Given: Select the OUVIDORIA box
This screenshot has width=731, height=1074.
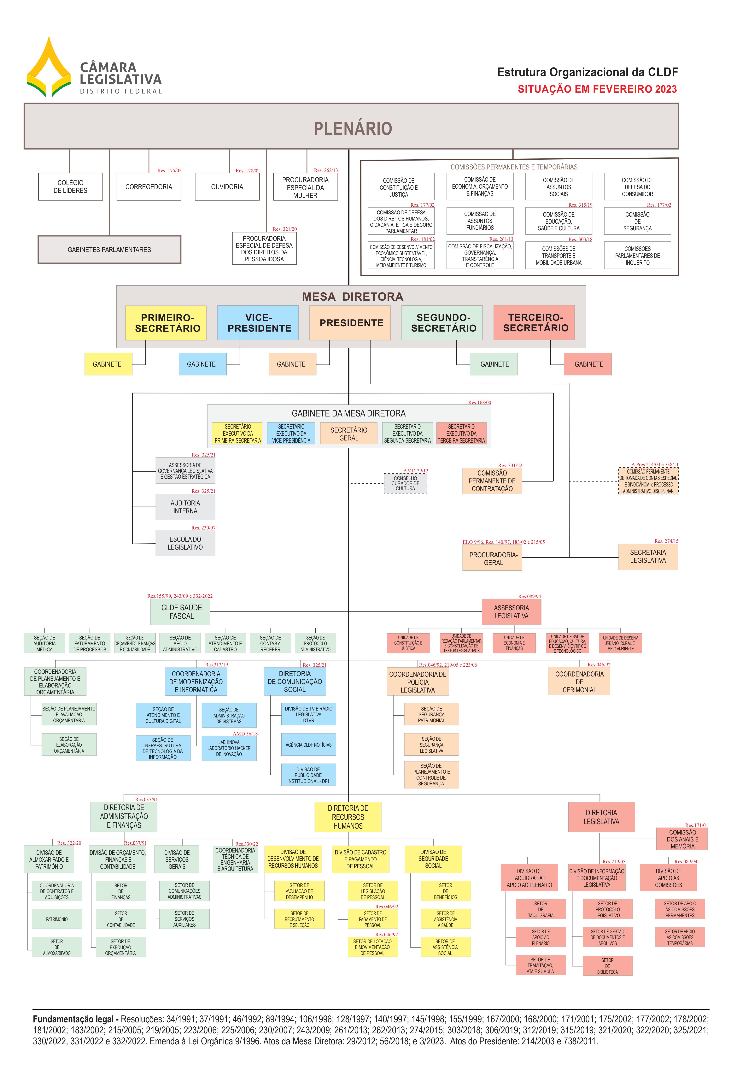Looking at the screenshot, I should point(227,187).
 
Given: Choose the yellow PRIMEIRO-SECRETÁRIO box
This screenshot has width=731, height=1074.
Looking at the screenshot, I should point(166,323).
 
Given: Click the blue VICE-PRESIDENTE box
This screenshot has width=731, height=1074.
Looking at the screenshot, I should point(258,323).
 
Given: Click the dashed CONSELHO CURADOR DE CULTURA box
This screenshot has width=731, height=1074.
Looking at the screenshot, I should point(405,483).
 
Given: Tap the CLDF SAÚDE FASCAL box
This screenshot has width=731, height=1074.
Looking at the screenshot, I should point(180,612).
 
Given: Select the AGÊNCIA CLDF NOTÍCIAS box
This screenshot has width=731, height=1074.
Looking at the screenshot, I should point(308,745).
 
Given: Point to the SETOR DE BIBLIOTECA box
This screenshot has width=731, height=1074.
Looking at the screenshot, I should point(607,966).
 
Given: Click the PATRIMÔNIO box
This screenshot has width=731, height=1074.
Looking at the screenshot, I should point(57,919).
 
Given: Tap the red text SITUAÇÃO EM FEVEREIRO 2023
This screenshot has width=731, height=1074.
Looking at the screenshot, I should point(597,89).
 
